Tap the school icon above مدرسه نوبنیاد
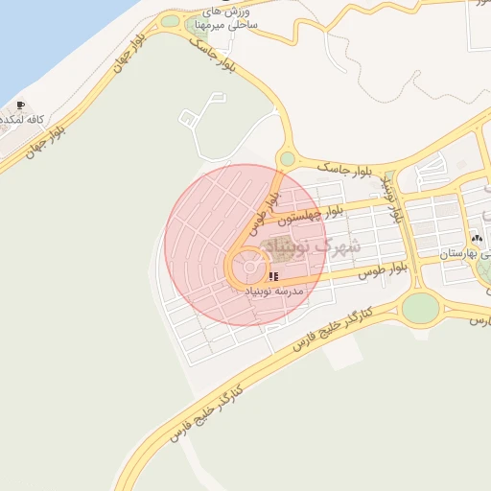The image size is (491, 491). (274, 277)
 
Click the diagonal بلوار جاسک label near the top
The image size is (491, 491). (213, 57)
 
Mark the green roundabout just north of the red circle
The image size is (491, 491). (287, 158)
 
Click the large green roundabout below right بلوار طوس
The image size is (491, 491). (419, 308)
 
